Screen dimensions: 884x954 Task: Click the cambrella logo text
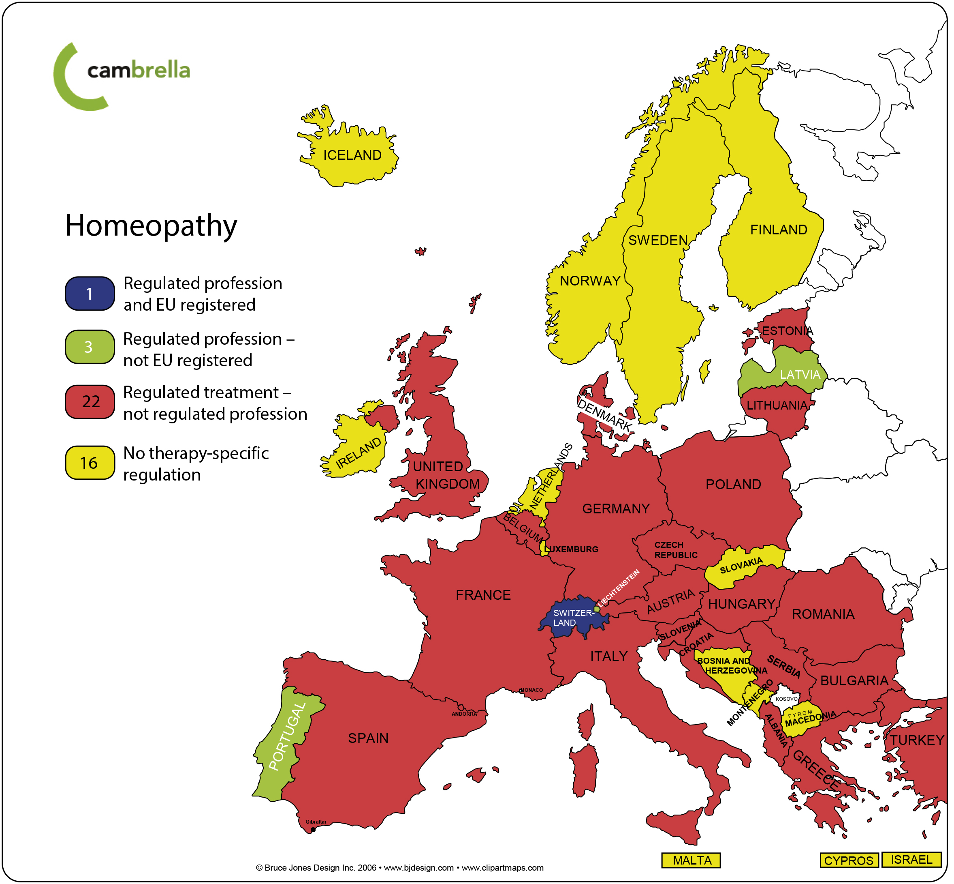point(139,70)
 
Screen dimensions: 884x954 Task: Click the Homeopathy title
point(151,226)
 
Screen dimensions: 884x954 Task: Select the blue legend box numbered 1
point(90,294)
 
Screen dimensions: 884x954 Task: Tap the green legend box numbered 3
point(90,347)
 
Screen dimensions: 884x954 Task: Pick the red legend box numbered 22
point(90,402)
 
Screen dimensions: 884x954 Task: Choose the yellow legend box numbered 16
point(90,463)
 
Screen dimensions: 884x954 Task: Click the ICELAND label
point(352,155)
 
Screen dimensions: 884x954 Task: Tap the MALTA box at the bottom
point(691,860)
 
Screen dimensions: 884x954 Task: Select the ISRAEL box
point(911,860)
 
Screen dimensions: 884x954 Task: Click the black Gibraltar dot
point(314,830)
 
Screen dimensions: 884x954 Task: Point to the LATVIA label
point(800,375)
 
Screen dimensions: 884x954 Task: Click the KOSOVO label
point(786,699)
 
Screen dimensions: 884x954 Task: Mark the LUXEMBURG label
point(572,549)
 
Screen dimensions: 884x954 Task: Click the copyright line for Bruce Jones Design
point(399,868)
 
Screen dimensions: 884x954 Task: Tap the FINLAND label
point(779,230)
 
